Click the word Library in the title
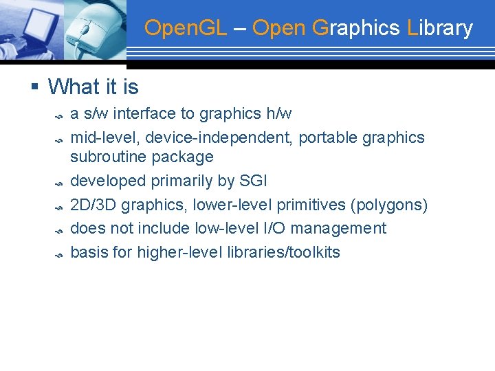coord(440,28)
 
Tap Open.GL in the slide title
coord(184,28)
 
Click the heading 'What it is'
coord(93,87)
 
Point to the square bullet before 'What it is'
coord(34,87)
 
